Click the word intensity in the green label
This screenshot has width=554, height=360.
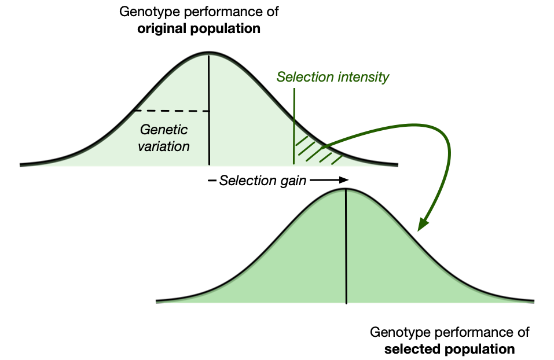click(x=362, y=77)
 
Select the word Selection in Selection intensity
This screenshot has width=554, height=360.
click(x=304, y=77)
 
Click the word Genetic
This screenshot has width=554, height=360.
click(x=164, y=130)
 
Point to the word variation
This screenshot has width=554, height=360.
click(x=164, y=146)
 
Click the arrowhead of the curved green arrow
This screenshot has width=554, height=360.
click(x=423, y=225)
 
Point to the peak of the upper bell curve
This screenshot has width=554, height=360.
click(x=209, y=55)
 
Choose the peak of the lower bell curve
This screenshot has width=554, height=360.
click(x=346, y=190)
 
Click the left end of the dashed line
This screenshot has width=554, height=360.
click(x=135, y=111)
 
